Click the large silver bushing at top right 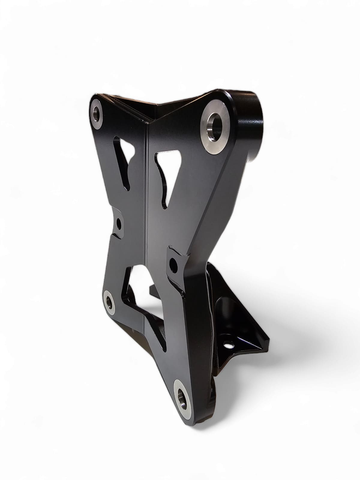pyautogui.click(x=215, y=127)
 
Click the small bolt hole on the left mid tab pyautogui.click(x=119, y=223)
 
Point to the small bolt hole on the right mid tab pyautogui.click(x=173, y=264)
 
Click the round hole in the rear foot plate pyautogui.click(x=229, y=346)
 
